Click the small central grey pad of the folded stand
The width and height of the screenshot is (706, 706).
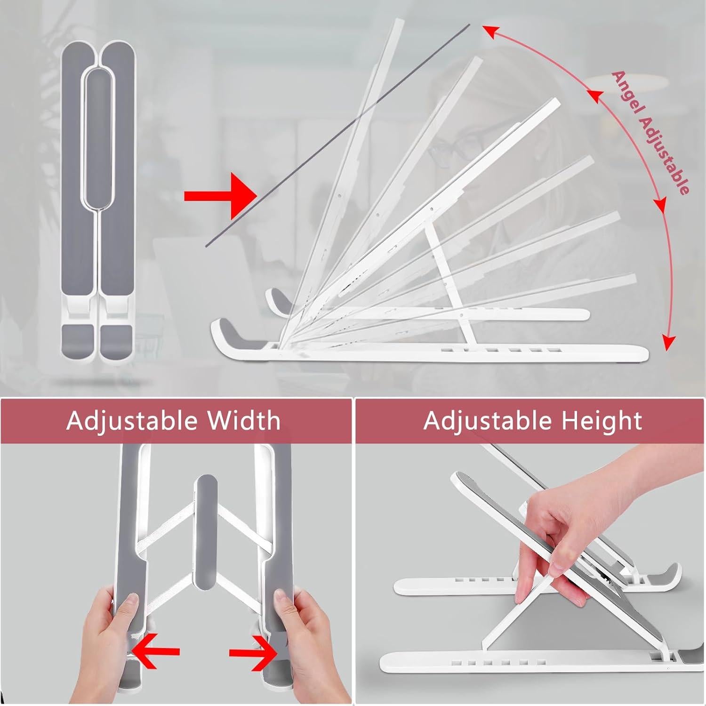99,136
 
